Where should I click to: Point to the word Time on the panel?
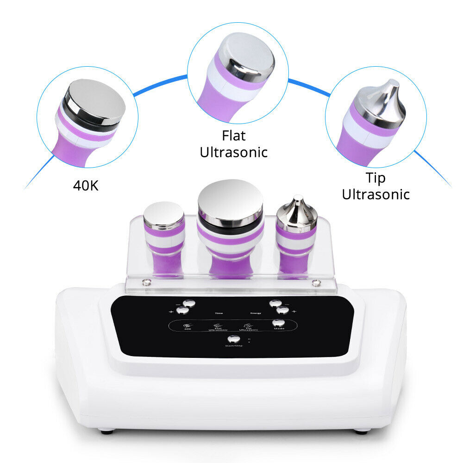point(219,313)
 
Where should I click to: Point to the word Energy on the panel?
point(256,313)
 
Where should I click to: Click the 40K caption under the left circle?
point(86,186)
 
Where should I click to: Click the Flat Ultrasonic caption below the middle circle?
point(233,144)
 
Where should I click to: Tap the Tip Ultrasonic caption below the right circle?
point(375,186)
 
